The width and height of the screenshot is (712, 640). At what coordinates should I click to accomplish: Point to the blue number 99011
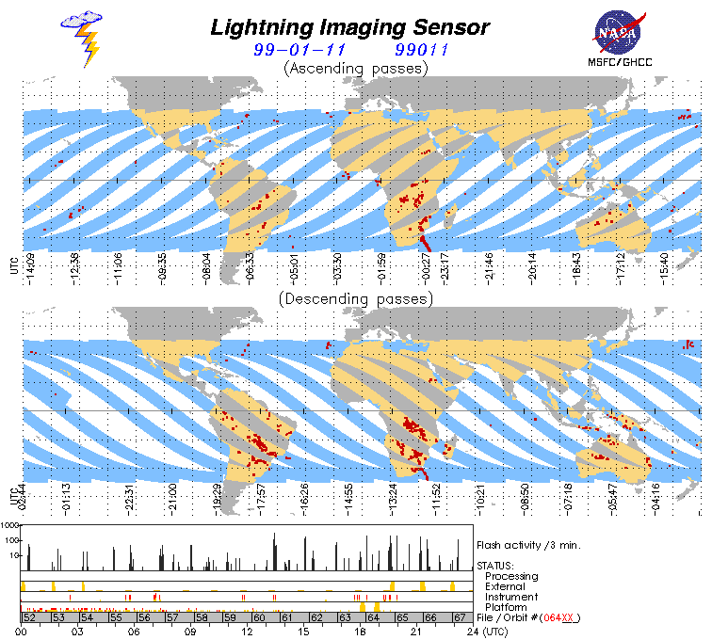click(420, 50)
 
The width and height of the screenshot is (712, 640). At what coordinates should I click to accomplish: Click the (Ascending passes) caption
click(355, 68)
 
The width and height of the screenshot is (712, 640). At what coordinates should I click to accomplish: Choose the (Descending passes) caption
click(355, 298)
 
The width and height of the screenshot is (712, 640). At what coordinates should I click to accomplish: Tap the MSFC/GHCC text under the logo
click(619, 64)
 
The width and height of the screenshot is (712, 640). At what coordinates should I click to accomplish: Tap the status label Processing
click(511, 576)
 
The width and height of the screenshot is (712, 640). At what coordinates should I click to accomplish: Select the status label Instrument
click(511, 597)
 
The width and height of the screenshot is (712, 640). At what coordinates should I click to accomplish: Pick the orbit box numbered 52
click(28, 617)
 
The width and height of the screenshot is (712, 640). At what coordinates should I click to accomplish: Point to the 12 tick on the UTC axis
click(248, 632)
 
